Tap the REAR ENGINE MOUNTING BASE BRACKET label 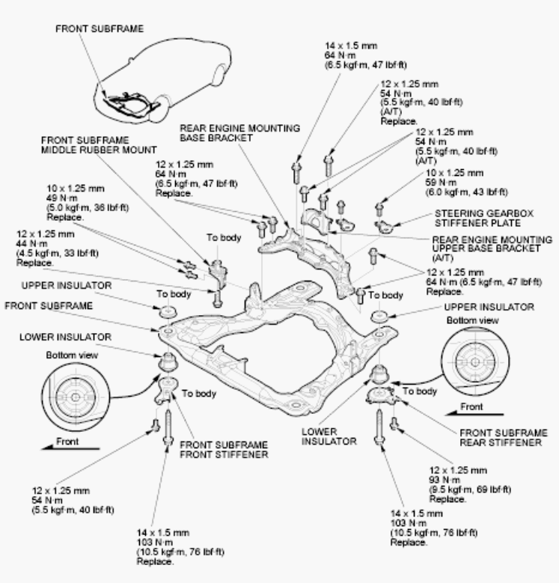coord(239,133)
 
